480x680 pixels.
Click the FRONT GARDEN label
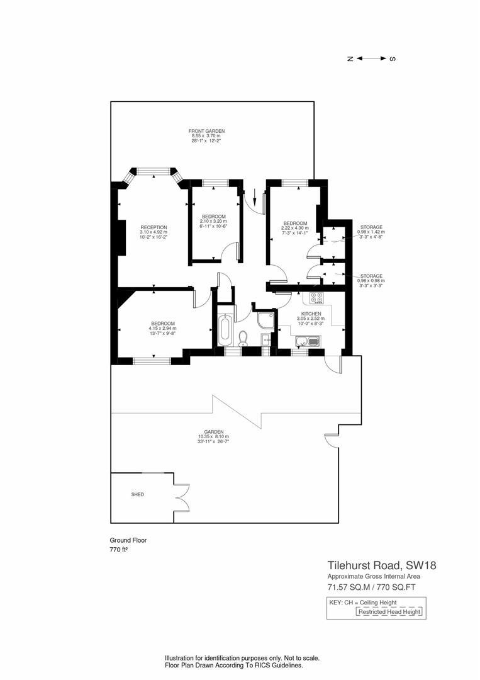pyautogui.click(x=206, y=131)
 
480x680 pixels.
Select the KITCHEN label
pyautogui.click(x=311, y=314)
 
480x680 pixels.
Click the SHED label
pyautogui.click(x=137, y=495)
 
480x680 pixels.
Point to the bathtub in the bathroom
pyautogui.click(x=225, y=330)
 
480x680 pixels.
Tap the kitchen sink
pyautogui.click(x=307, y=341)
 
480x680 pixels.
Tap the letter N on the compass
pyautogui.click(x=350, y=59)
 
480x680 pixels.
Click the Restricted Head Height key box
pyautogui.click(x=389, y=611)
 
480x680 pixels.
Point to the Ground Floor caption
pyautogui.click(x=128, y=540)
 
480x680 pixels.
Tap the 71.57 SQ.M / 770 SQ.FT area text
pyautogui.click(x=371, y=587)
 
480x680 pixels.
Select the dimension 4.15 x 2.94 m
pyautogui.click(x=162, y=328)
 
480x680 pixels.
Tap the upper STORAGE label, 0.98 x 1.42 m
pyautogui.click(x=371, y=227)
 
